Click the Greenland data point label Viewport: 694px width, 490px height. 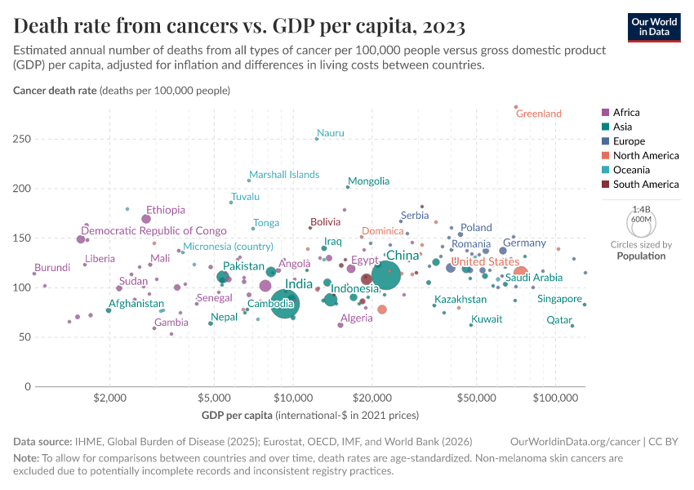(x=539, y=114)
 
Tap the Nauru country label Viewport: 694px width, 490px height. (x=331, y=132)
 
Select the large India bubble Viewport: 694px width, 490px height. (x=285, y=304)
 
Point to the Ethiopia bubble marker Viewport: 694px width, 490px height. (x=146, y=219)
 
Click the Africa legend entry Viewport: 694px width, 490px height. (x=626, y=112)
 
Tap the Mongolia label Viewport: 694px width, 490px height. (x=368, y=180)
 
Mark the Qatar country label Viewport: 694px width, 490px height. (x=559, y=320)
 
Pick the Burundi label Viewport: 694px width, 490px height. (x=52, y=267)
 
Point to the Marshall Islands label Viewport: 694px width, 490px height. (x=284, y=175)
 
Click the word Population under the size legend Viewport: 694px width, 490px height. (x=641, y=256)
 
